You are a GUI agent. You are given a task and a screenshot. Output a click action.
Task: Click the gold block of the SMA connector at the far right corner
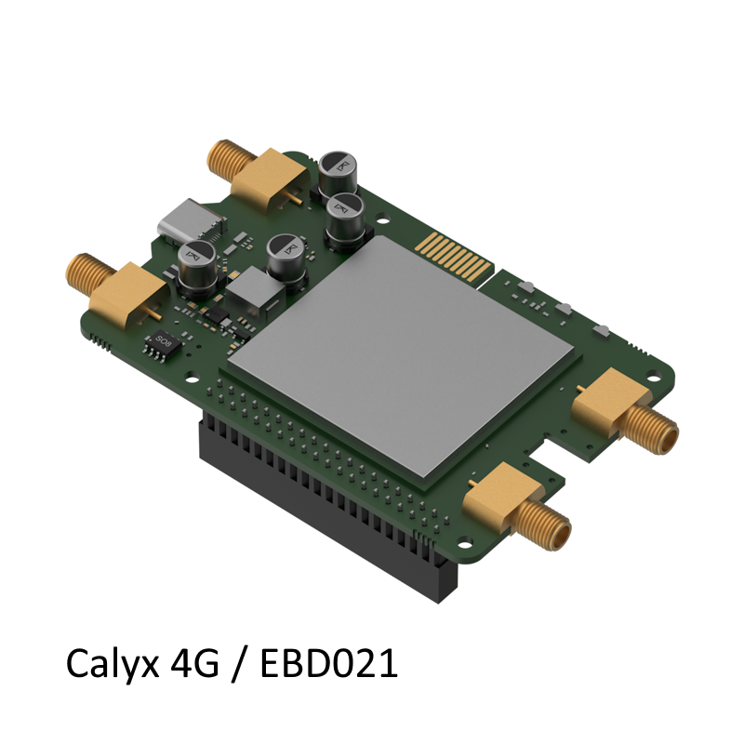(x=606, y=394)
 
